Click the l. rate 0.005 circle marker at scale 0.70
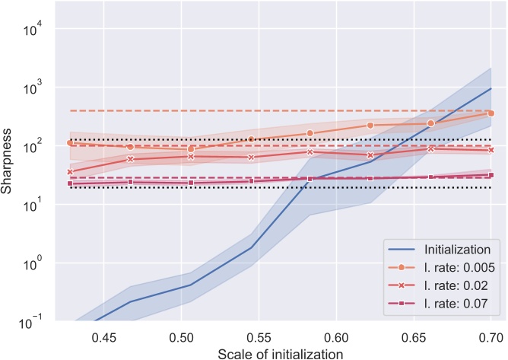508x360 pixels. coord(491,113)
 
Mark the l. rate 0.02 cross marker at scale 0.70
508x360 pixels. coord(491,150)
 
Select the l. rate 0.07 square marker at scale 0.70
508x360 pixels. coord(491,175)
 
